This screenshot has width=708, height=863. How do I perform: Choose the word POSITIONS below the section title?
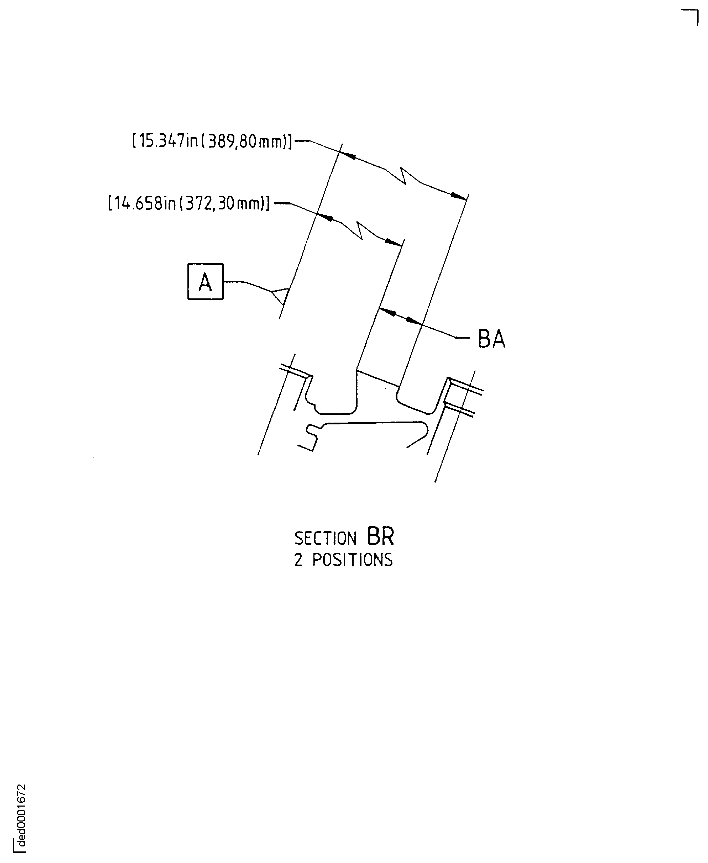352,560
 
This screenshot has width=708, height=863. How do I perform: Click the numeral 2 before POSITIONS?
298,560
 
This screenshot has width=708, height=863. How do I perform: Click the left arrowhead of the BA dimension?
387,312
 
